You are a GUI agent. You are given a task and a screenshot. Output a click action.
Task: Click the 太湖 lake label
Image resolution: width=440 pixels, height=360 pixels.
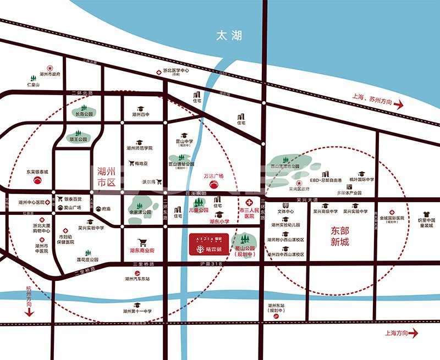(229, 36)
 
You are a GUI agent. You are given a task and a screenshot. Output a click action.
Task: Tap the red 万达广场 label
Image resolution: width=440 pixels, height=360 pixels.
(214, 176)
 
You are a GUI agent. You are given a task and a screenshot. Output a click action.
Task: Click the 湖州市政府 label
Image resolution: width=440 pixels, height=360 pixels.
(50, 73)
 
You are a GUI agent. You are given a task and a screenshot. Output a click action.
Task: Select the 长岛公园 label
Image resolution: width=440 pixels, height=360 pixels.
(84, 114)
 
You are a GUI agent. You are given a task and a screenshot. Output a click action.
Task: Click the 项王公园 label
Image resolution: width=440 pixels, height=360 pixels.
(79, 140)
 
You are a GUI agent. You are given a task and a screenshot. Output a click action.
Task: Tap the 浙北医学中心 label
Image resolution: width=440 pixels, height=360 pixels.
(176, 71)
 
